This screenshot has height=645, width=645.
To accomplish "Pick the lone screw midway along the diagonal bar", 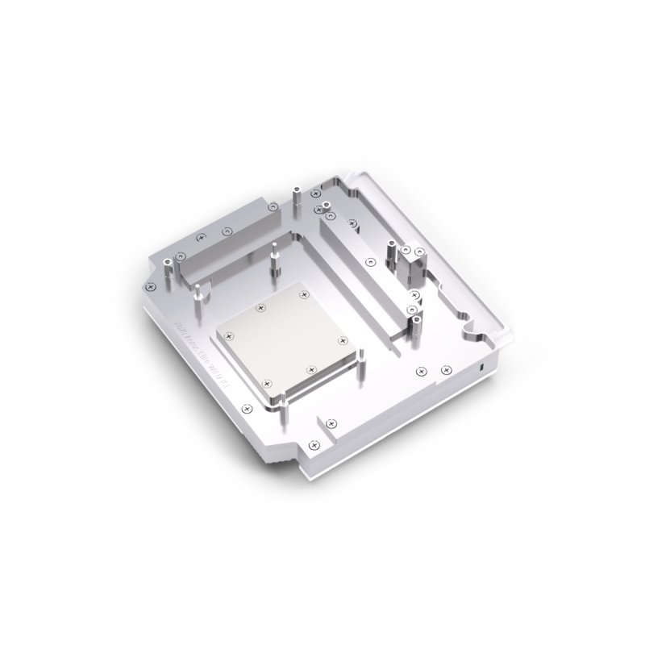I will click(x=369, y=261).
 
